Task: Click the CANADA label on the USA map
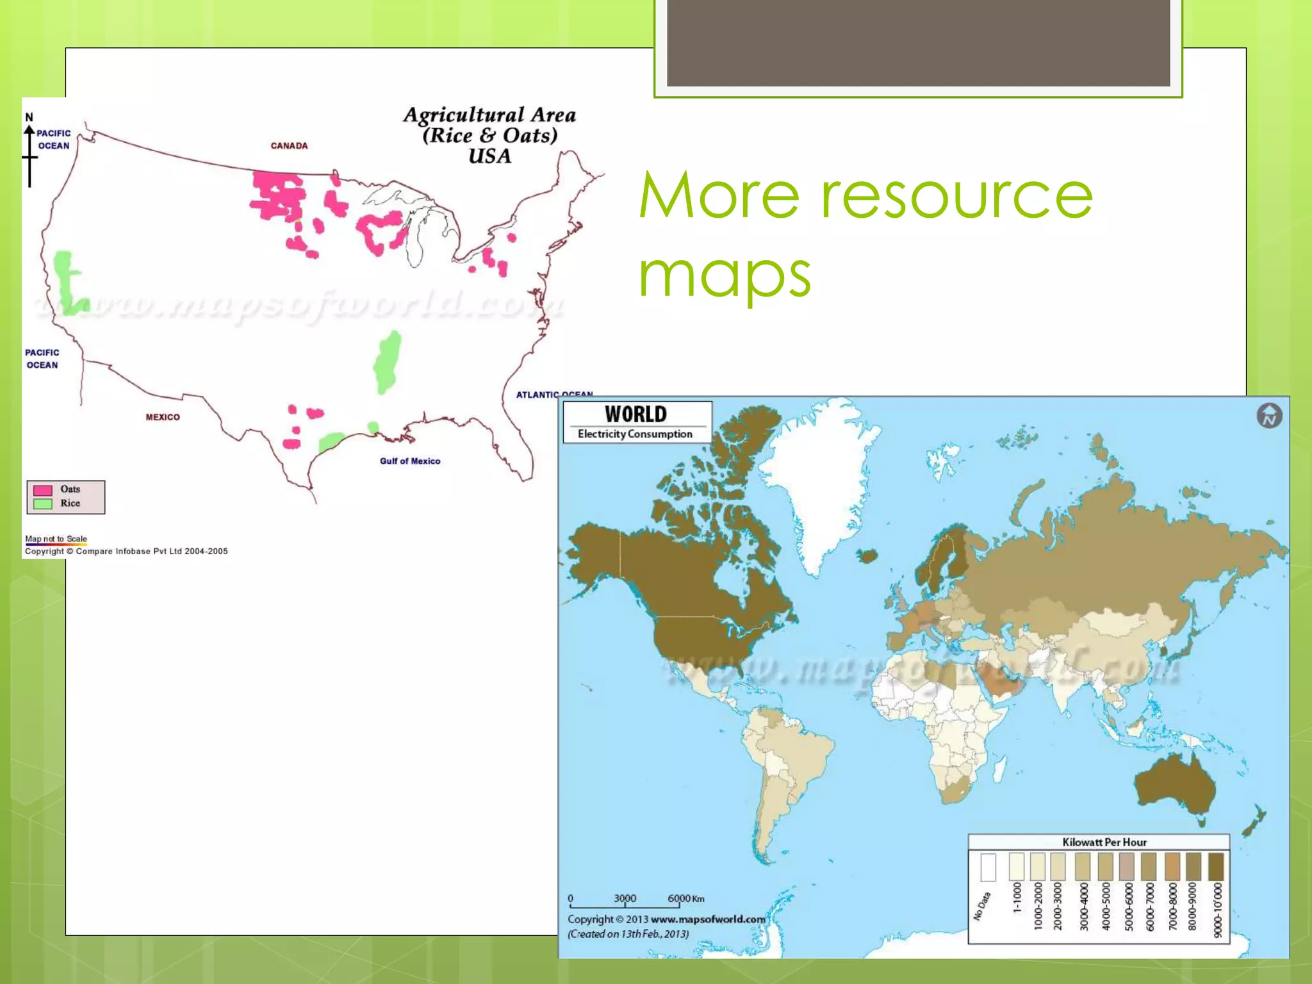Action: point(289,145)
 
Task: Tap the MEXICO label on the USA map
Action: point(163,417)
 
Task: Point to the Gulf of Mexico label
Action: point(410,461)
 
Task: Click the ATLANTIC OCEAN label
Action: point(554,394)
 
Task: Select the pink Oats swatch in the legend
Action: point(42,490)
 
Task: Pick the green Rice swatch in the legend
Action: point(42,504)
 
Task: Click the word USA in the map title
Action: point(490,156)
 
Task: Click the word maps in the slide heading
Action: point(725,275)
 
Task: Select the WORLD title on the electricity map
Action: point(635,414)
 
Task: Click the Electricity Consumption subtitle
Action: point(635,434)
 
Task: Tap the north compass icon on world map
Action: point(1269,416)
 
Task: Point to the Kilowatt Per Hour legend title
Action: point(1104,842)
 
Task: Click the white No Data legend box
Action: point(988,867)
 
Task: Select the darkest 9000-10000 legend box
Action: point(1216,867)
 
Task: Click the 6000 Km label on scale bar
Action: point(685,898)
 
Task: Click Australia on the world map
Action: point(1176,785)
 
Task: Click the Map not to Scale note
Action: point(56,539)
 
